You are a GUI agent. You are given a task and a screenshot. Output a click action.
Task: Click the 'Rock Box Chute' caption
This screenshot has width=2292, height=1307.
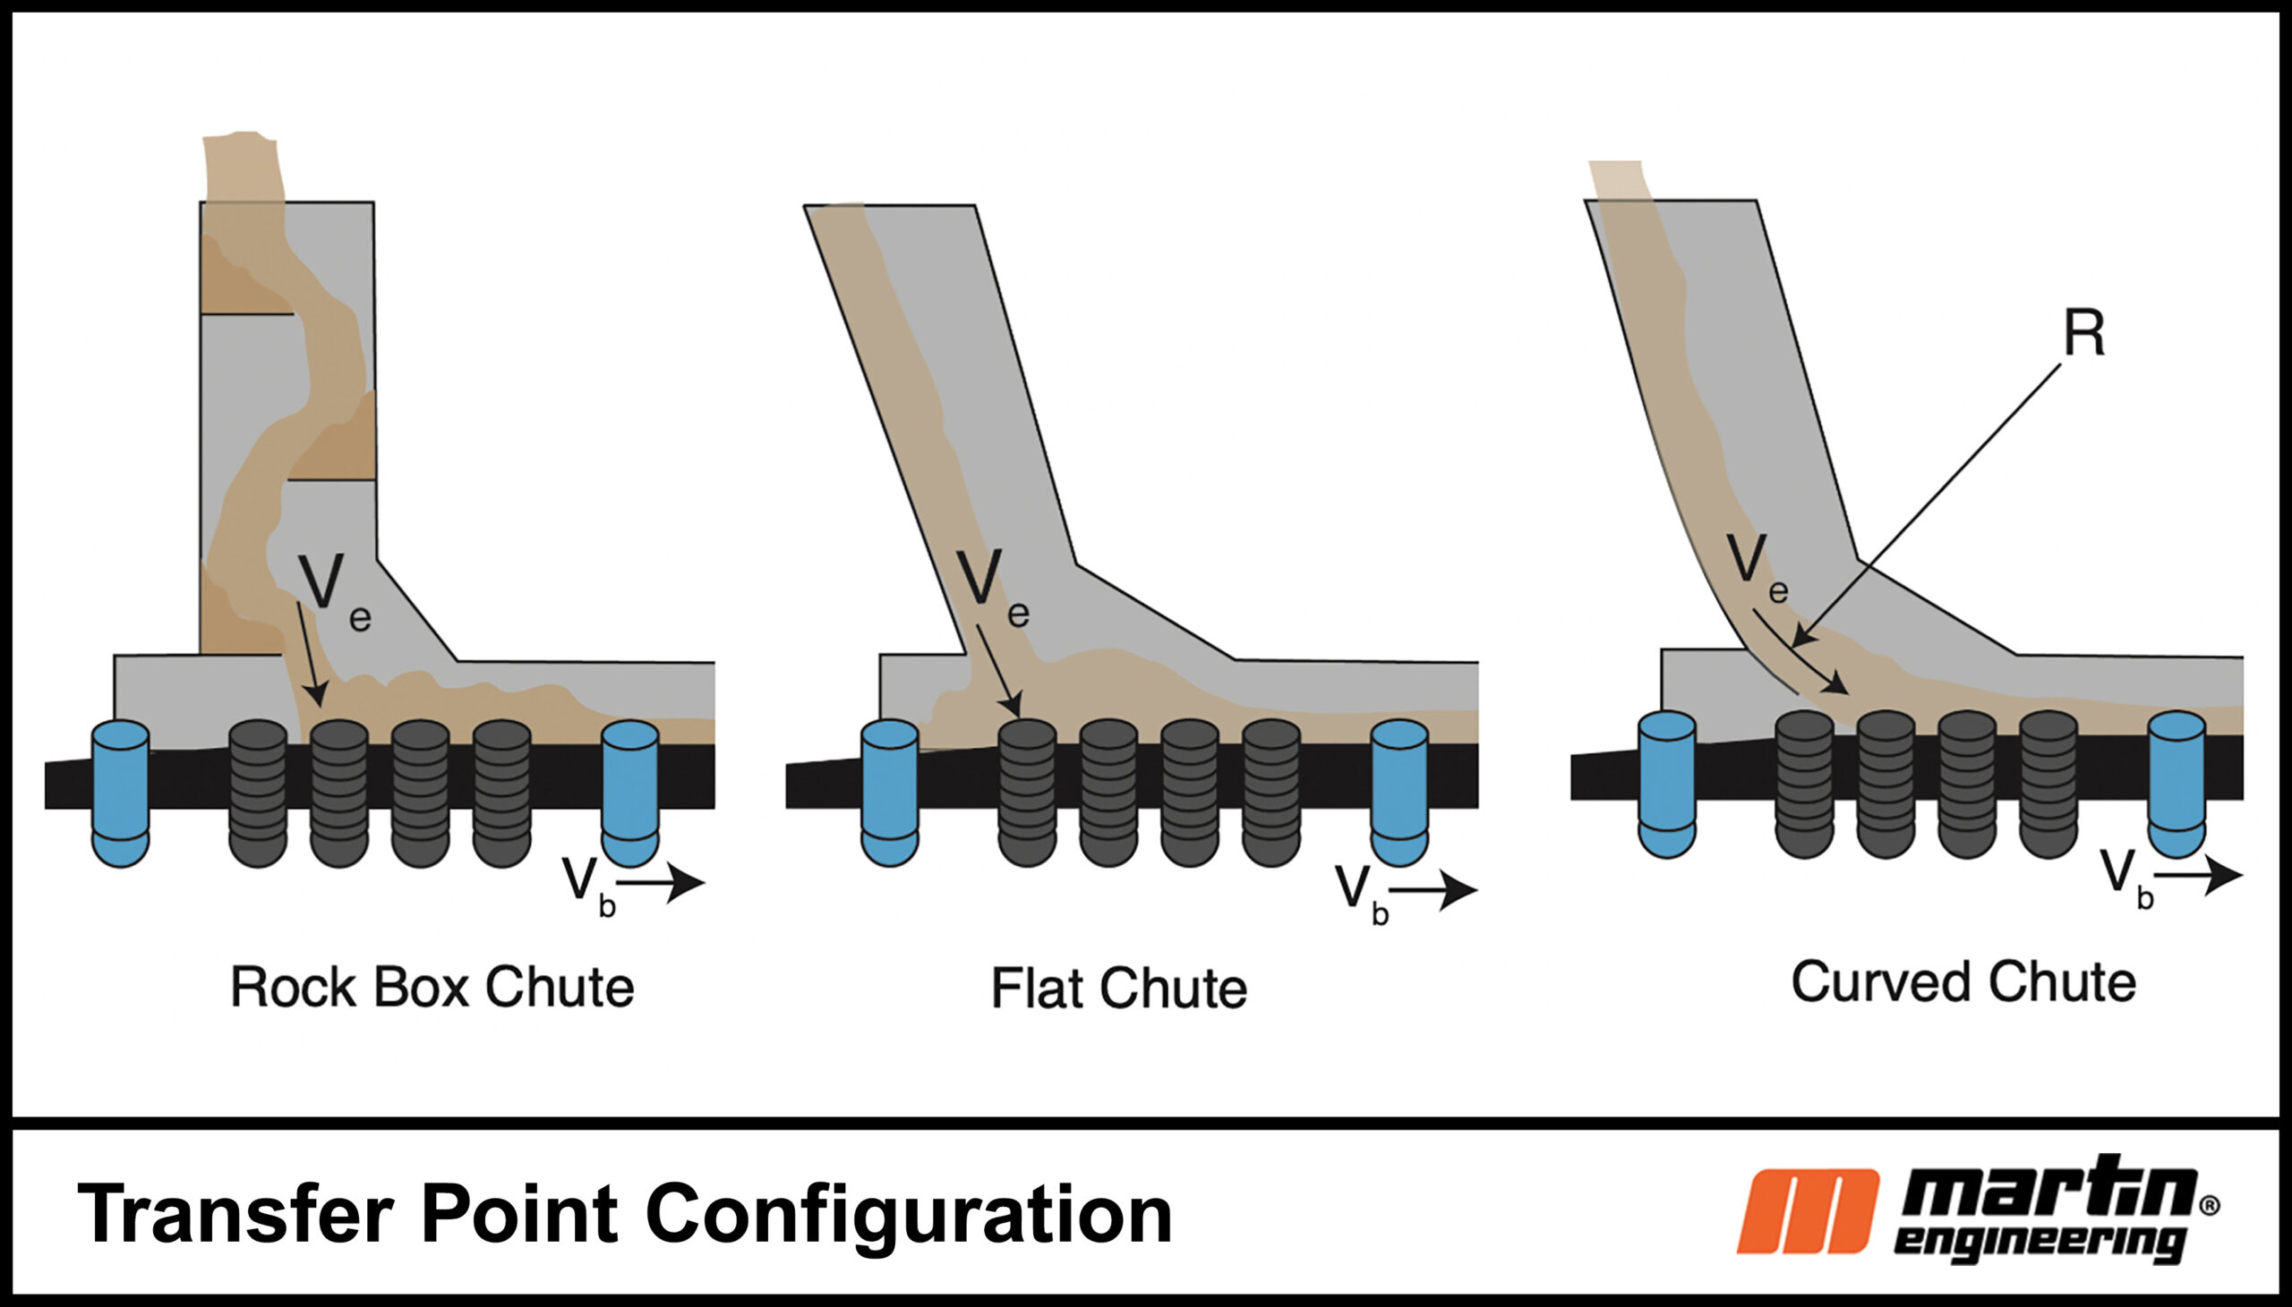[432, 988]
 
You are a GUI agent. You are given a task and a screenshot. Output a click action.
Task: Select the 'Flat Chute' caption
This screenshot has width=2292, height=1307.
[1119, 989]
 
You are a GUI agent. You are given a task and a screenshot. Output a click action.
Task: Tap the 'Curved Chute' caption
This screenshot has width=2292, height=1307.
[1963, 982]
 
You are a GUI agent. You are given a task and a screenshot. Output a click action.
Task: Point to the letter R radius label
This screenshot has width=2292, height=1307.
[2083, 333]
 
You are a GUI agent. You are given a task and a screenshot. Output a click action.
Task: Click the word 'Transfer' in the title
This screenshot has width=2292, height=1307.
[235, 1214]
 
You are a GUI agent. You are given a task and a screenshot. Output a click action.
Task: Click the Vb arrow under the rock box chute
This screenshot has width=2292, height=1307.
[661, 882]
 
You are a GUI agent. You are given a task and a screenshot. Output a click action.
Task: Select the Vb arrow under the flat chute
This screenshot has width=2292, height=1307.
[1433, 889]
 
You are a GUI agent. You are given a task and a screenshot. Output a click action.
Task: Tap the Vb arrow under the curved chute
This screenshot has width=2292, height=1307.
[2199, 874]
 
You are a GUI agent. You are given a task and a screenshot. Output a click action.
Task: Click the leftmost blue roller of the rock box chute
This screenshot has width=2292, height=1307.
[120, 793]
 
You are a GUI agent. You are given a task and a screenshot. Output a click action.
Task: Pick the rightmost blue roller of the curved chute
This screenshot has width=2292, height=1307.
[2177, 784]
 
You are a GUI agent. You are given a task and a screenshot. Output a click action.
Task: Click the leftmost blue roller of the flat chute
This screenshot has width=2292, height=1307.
[889, 793]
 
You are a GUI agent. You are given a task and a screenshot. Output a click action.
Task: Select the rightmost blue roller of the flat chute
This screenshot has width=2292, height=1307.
[1399, 793]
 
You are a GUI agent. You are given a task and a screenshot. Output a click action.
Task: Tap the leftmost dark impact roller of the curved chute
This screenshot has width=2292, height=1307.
[1805, 784]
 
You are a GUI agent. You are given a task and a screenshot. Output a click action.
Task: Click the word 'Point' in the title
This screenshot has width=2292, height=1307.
[519, 1214]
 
